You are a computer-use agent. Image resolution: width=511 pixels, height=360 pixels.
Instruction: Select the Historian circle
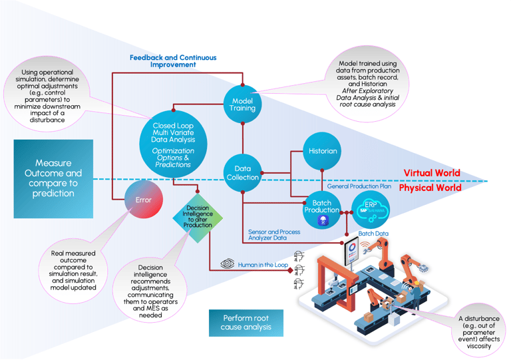pos(323,151)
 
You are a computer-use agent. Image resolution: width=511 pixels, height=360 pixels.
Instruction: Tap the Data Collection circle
pos(242,173)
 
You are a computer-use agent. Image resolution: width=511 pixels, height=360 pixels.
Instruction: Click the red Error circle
pos(143,200)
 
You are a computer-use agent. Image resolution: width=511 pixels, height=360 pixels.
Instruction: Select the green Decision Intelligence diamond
pos(198,216)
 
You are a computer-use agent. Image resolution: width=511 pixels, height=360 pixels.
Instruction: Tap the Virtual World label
pos(431,173)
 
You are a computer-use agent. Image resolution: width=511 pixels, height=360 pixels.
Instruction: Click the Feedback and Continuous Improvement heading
pos(172,61)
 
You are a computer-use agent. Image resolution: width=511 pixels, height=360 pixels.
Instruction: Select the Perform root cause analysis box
pos(248,323)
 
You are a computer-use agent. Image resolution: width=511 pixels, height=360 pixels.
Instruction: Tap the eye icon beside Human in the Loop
pos(227,264)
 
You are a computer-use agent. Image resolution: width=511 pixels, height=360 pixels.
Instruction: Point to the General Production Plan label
pos(361,187)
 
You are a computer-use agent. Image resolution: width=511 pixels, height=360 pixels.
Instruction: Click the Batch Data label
pos(374,234)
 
